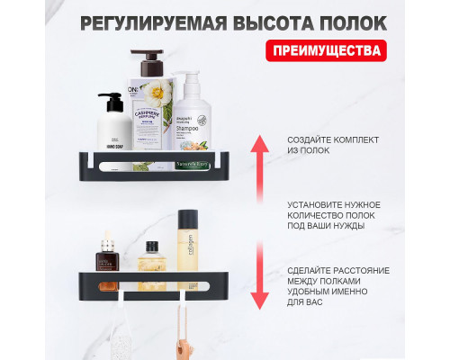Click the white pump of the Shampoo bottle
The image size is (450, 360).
pyautogui.click(x=187, y=79)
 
